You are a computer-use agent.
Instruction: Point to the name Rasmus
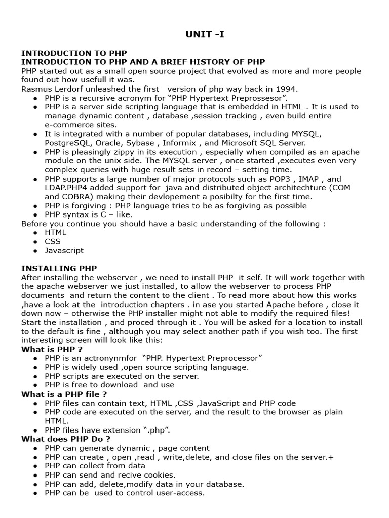pyautogui.click(x=37, y=89)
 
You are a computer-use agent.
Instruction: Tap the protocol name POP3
pyautogui.click(x=287, y=179)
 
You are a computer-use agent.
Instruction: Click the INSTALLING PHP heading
pyautogui.click(x=59, y=268)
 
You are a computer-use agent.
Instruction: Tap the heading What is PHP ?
pyautogui.click(x=52, y=349)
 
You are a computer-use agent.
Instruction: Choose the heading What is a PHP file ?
pyautogui.click(x=64, y=394)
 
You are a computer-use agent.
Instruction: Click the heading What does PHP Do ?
pyautogui.click(x=66, y=439)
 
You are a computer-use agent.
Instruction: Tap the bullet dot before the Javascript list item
pyautogui.click(x=35, y=251)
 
